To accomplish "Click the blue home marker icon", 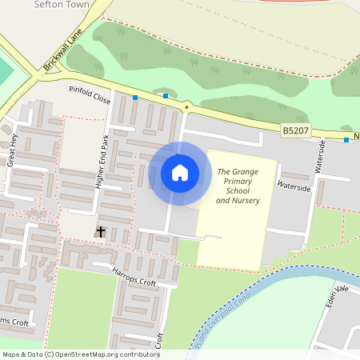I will [180, 173].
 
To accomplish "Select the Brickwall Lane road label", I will [63, 54].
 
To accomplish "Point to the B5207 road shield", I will [296, 130].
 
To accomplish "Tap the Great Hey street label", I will [12, 149].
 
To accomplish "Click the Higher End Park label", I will [101, 161].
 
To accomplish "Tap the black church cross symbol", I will [101, 231].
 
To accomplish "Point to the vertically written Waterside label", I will [321, 156].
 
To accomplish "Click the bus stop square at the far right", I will [346, 140].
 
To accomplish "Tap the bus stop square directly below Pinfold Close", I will [134, 98].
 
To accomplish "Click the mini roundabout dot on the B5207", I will [186, 106].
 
